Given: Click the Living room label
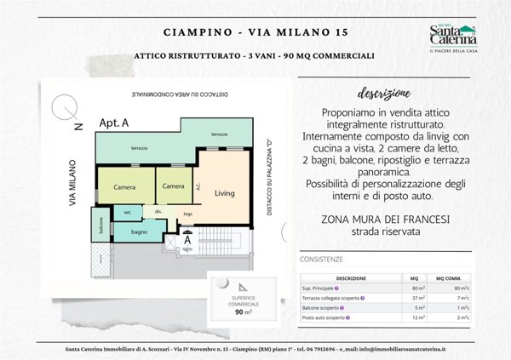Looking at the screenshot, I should point(224,192).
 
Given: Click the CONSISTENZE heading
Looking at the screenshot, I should point(321,259).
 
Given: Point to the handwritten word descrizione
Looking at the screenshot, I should point(381,92).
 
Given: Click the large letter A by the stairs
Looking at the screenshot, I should point(188,241).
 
